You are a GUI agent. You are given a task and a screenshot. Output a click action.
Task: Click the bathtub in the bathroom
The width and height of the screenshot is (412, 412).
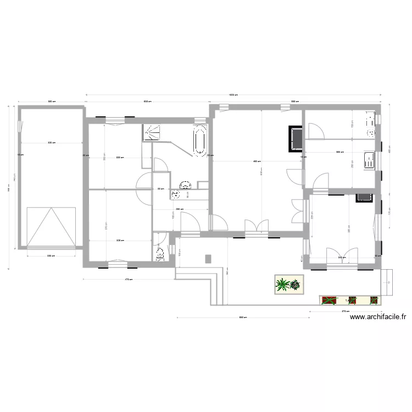[x=199, y=140]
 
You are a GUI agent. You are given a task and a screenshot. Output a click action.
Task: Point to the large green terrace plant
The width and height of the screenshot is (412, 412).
[x=282, y=285]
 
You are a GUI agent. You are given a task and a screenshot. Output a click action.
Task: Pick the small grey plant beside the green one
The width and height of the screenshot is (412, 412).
[x=296, y=285]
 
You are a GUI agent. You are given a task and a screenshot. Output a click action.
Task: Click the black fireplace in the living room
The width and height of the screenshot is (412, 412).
[x=296, y=138]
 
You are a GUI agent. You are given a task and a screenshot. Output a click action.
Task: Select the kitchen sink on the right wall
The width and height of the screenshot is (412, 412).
[x=370, y=160]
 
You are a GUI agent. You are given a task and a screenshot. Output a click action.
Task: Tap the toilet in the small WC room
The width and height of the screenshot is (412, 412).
[x=160, y=254]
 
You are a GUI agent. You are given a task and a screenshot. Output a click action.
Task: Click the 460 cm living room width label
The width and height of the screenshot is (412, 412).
[x=257, y=162]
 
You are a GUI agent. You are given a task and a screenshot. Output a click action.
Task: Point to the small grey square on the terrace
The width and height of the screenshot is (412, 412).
[x=208, y=258]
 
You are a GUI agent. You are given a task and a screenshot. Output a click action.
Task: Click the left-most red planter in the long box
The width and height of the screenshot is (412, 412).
[x=329, y=300]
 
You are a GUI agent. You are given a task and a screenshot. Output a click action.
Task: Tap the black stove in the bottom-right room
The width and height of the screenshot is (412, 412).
[x=364, y=197]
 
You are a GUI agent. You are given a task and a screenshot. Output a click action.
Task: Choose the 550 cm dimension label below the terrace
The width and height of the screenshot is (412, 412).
[x=241, y=317]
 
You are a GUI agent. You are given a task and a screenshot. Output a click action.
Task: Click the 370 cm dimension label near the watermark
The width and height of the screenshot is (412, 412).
[x=345, y=311]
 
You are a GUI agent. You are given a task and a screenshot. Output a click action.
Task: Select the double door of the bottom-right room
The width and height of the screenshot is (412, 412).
[x=340, y=255]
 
